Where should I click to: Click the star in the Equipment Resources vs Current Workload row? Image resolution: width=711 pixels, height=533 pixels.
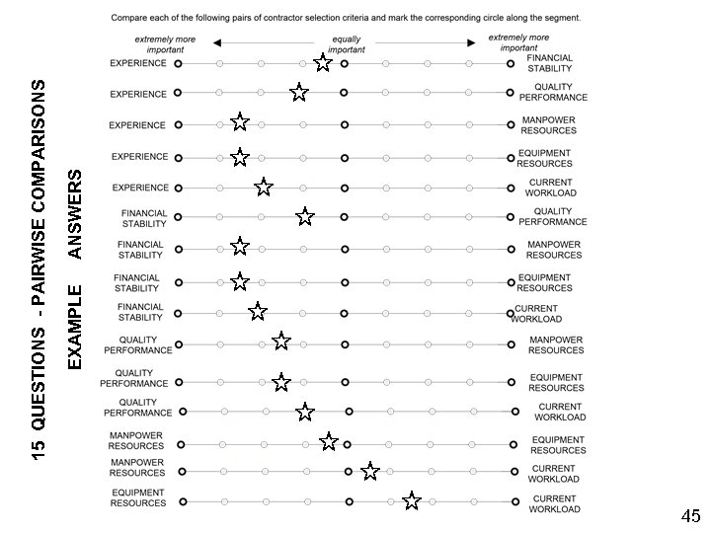pos(412,501)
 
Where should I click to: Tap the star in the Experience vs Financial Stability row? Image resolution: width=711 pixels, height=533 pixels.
pos(323,63)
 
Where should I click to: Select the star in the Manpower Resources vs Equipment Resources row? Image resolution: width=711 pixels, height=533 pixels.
pos(329,441)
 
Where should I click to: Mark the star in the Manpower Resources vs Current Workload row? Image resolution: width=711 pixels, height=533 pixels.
pos(370,472)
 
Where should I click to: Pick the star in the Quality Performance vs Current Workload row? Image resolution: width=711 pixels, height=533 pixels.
pos(305,412)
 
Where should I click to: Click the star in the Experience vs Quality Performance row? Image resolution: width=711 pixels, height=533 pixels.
pos(299,93)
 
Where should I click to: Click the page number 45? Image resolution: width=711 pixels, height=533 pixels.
pos(690,516)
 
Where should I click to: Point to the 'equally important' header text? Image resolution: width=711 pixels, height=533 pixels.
pos(346,44)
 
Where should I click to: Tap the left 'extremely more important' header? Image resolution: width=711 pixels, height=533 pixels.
pos(165,44)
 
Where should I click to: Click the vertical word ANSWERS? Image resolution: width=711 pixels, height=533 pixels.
pos(75,213)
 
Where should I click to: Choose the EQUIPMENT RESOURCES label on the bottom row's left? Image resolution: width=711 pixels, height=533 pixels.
pos(138,497)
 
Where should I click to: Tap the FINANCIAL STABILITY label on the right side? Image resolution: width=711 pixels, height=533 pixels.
pos(549,63)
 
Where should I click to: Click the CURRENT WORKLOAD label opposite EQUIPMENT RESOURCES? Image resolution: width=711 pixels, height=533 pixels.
pos(553,504)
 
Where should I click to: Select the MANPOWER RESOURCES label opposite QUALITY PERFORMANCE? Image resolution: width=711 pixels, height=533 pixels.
pos(556,344)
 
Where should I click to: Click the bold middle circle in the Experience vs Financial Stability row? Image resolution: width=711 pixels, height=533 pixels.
pos(344,63)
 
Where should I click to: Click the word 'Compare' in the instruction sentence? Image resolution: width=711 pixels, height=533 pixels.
pos(130,18)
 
